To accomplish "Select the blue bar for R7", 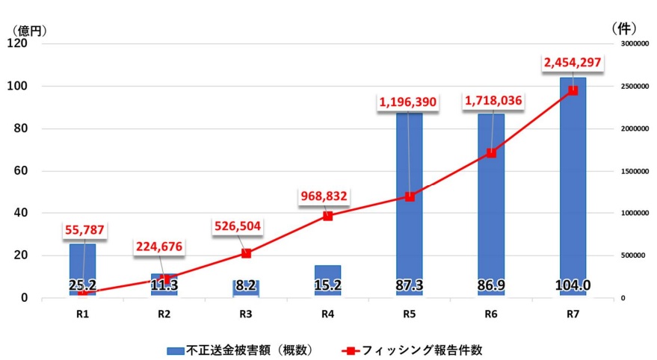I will tap(573, 187).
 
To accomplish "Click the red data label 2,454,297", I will tap(573, 63).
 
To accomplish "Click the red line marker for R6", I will tap(491, 153).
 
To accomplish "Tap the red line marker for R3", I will tap(246, 253).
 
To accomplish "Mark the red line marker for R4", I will tap(327, 216).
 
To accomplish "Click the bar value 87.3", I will tap(409, 285).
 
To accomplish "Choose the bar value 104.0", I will tap(573, 285).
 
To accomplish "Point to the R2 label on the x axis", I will tap(164, 314).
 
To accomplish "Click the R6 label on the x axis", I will tap(491, 314).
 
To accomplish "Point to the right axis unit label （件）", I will tap(623, 28).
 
